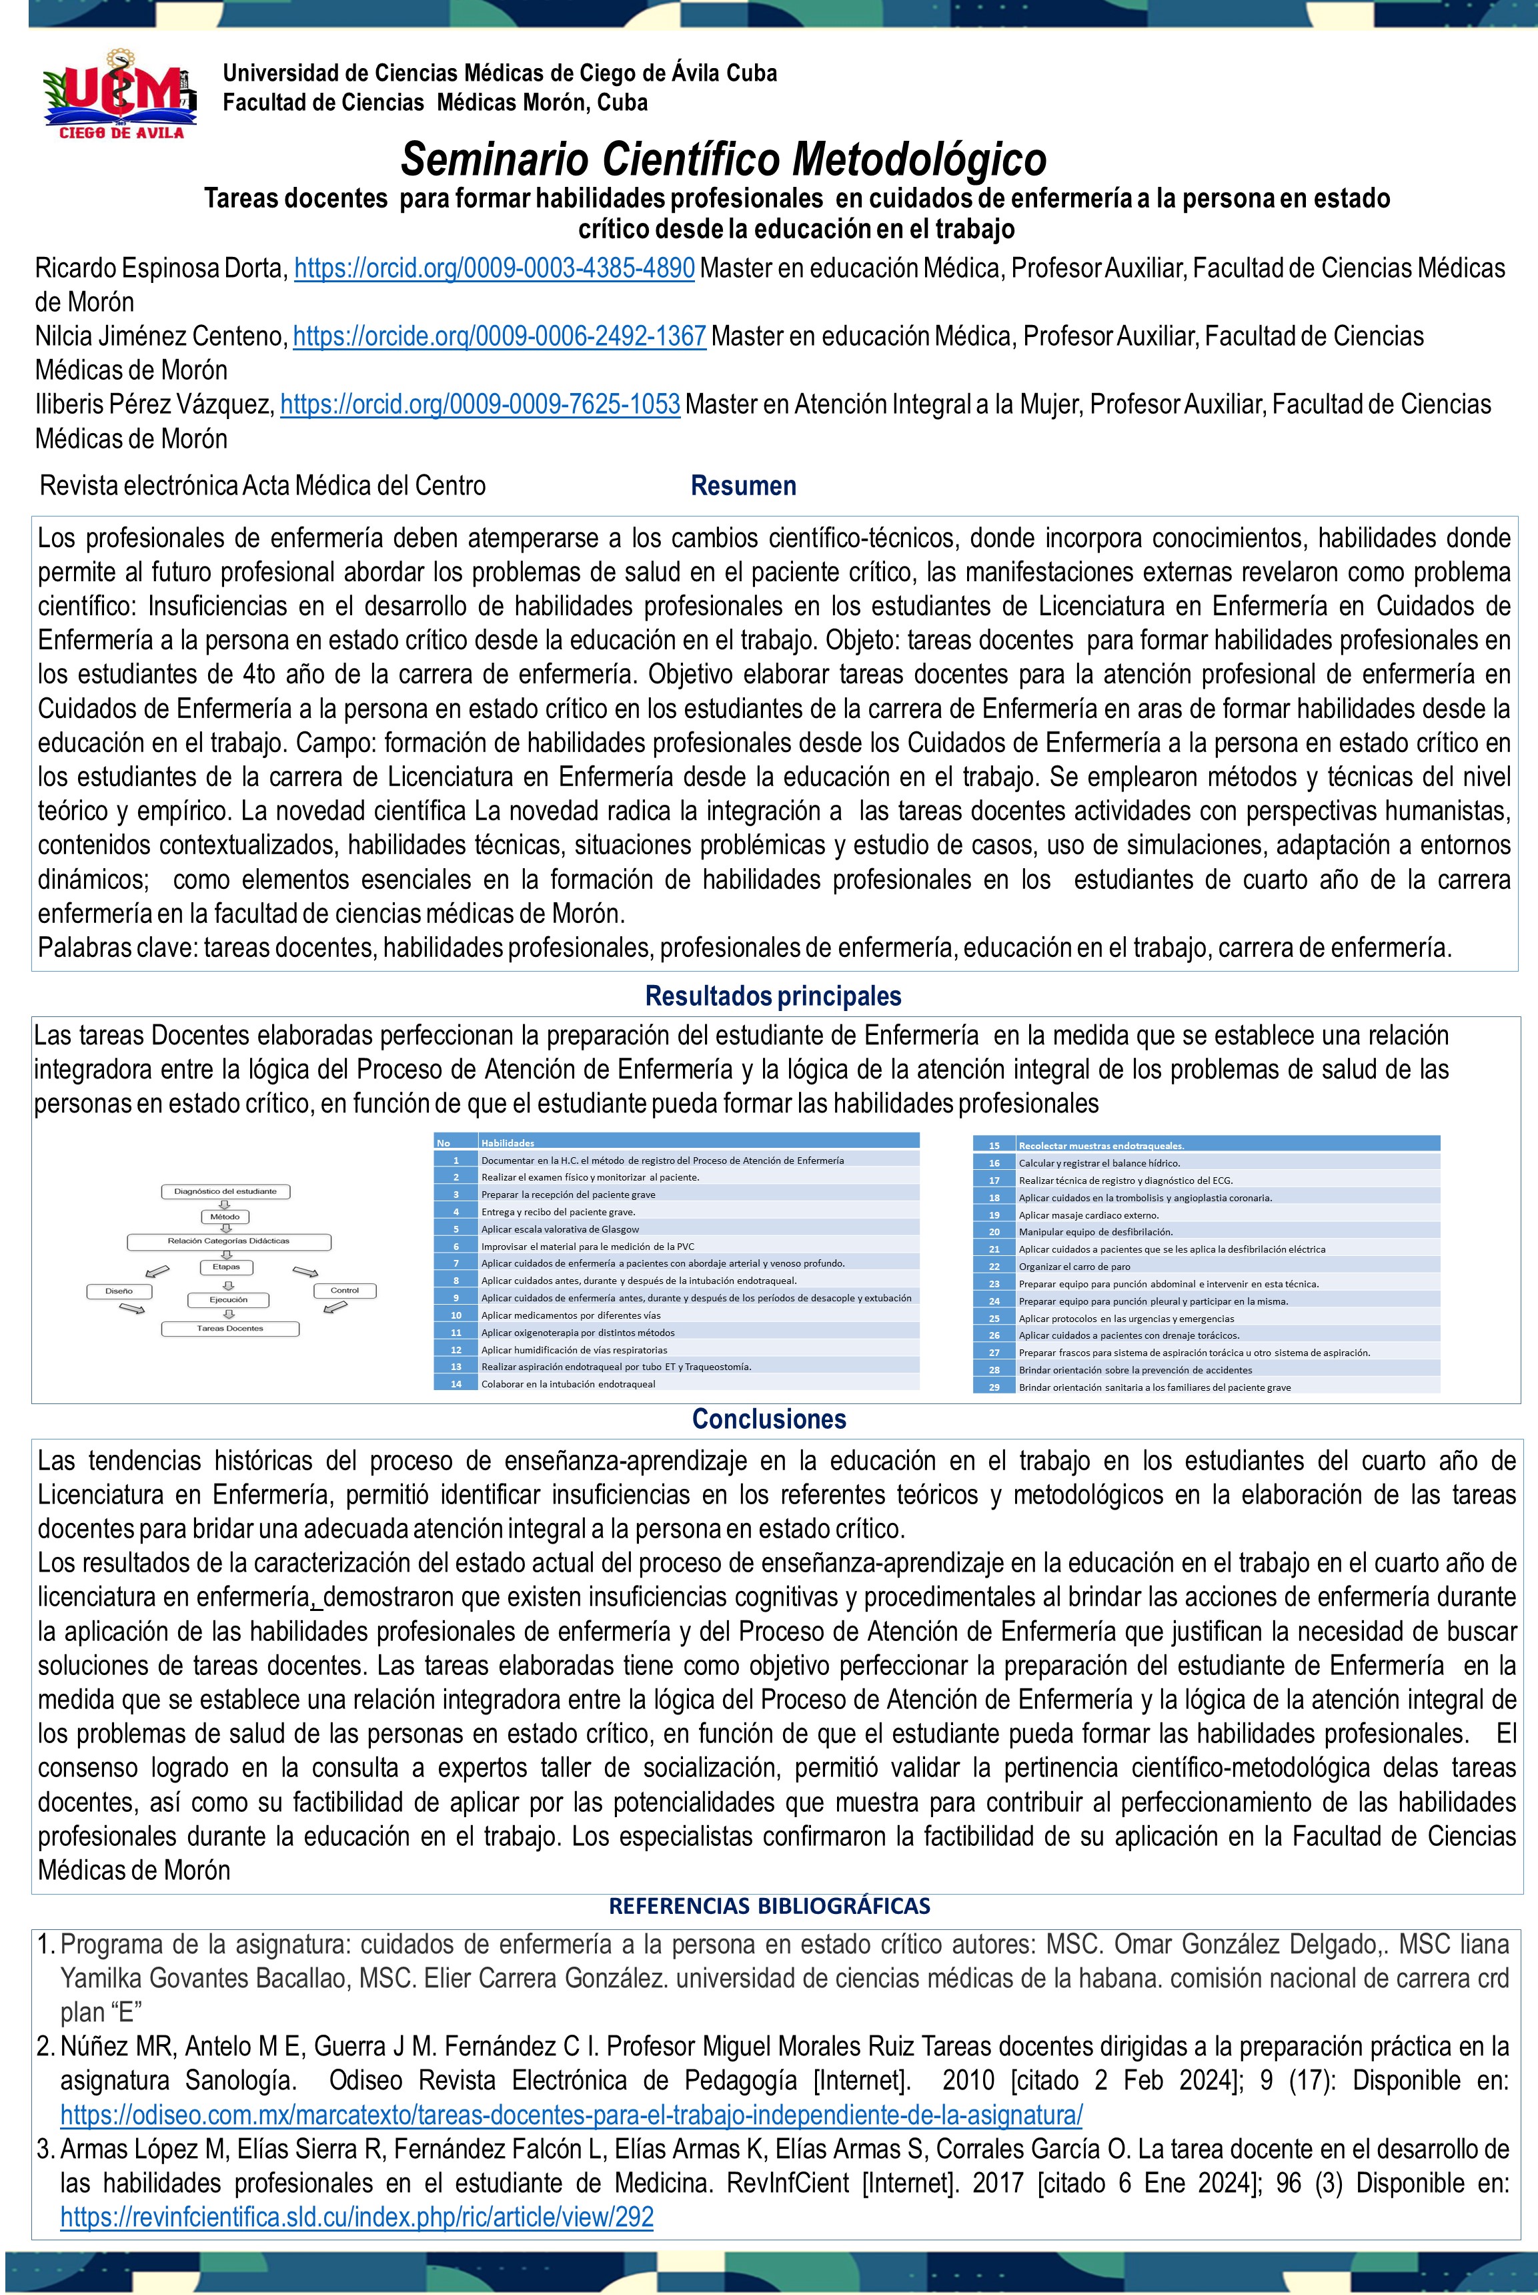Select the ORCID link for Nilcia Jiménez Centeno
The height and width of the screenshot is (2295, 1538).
(500, 336)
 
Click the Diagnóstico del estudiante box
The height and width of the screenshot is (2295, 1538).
(225, 1191)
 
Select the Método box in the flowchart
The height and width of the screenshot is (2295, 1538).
(225, 1217)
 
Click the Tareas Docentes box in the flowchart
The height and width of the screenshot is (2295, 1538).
(229, 1329)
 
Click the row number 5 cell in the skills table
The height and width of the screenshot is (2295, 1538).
(456, 1229)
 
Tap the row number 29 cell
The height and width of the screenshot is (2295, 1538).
(994, 1387)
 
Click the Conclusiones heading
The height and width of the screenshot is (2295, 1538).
(769, 1419)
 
